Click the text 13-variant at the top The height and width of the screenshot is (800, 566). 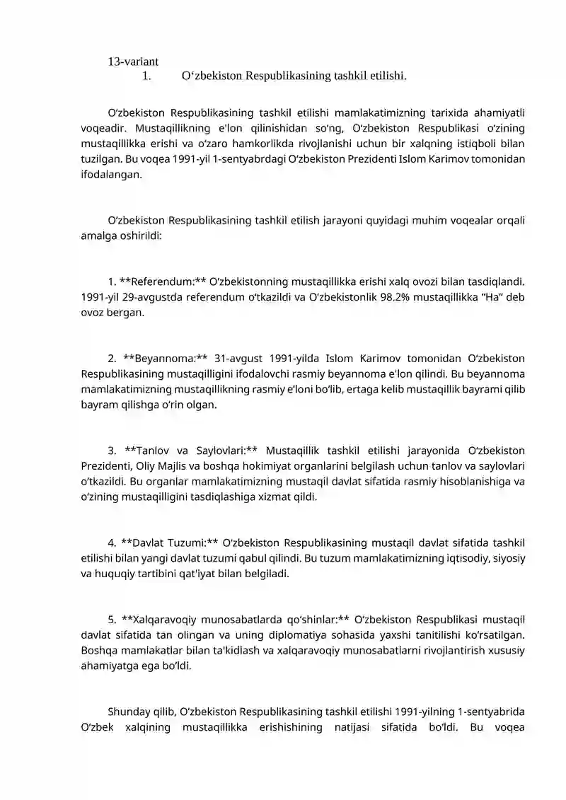(x=133, y=62)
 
